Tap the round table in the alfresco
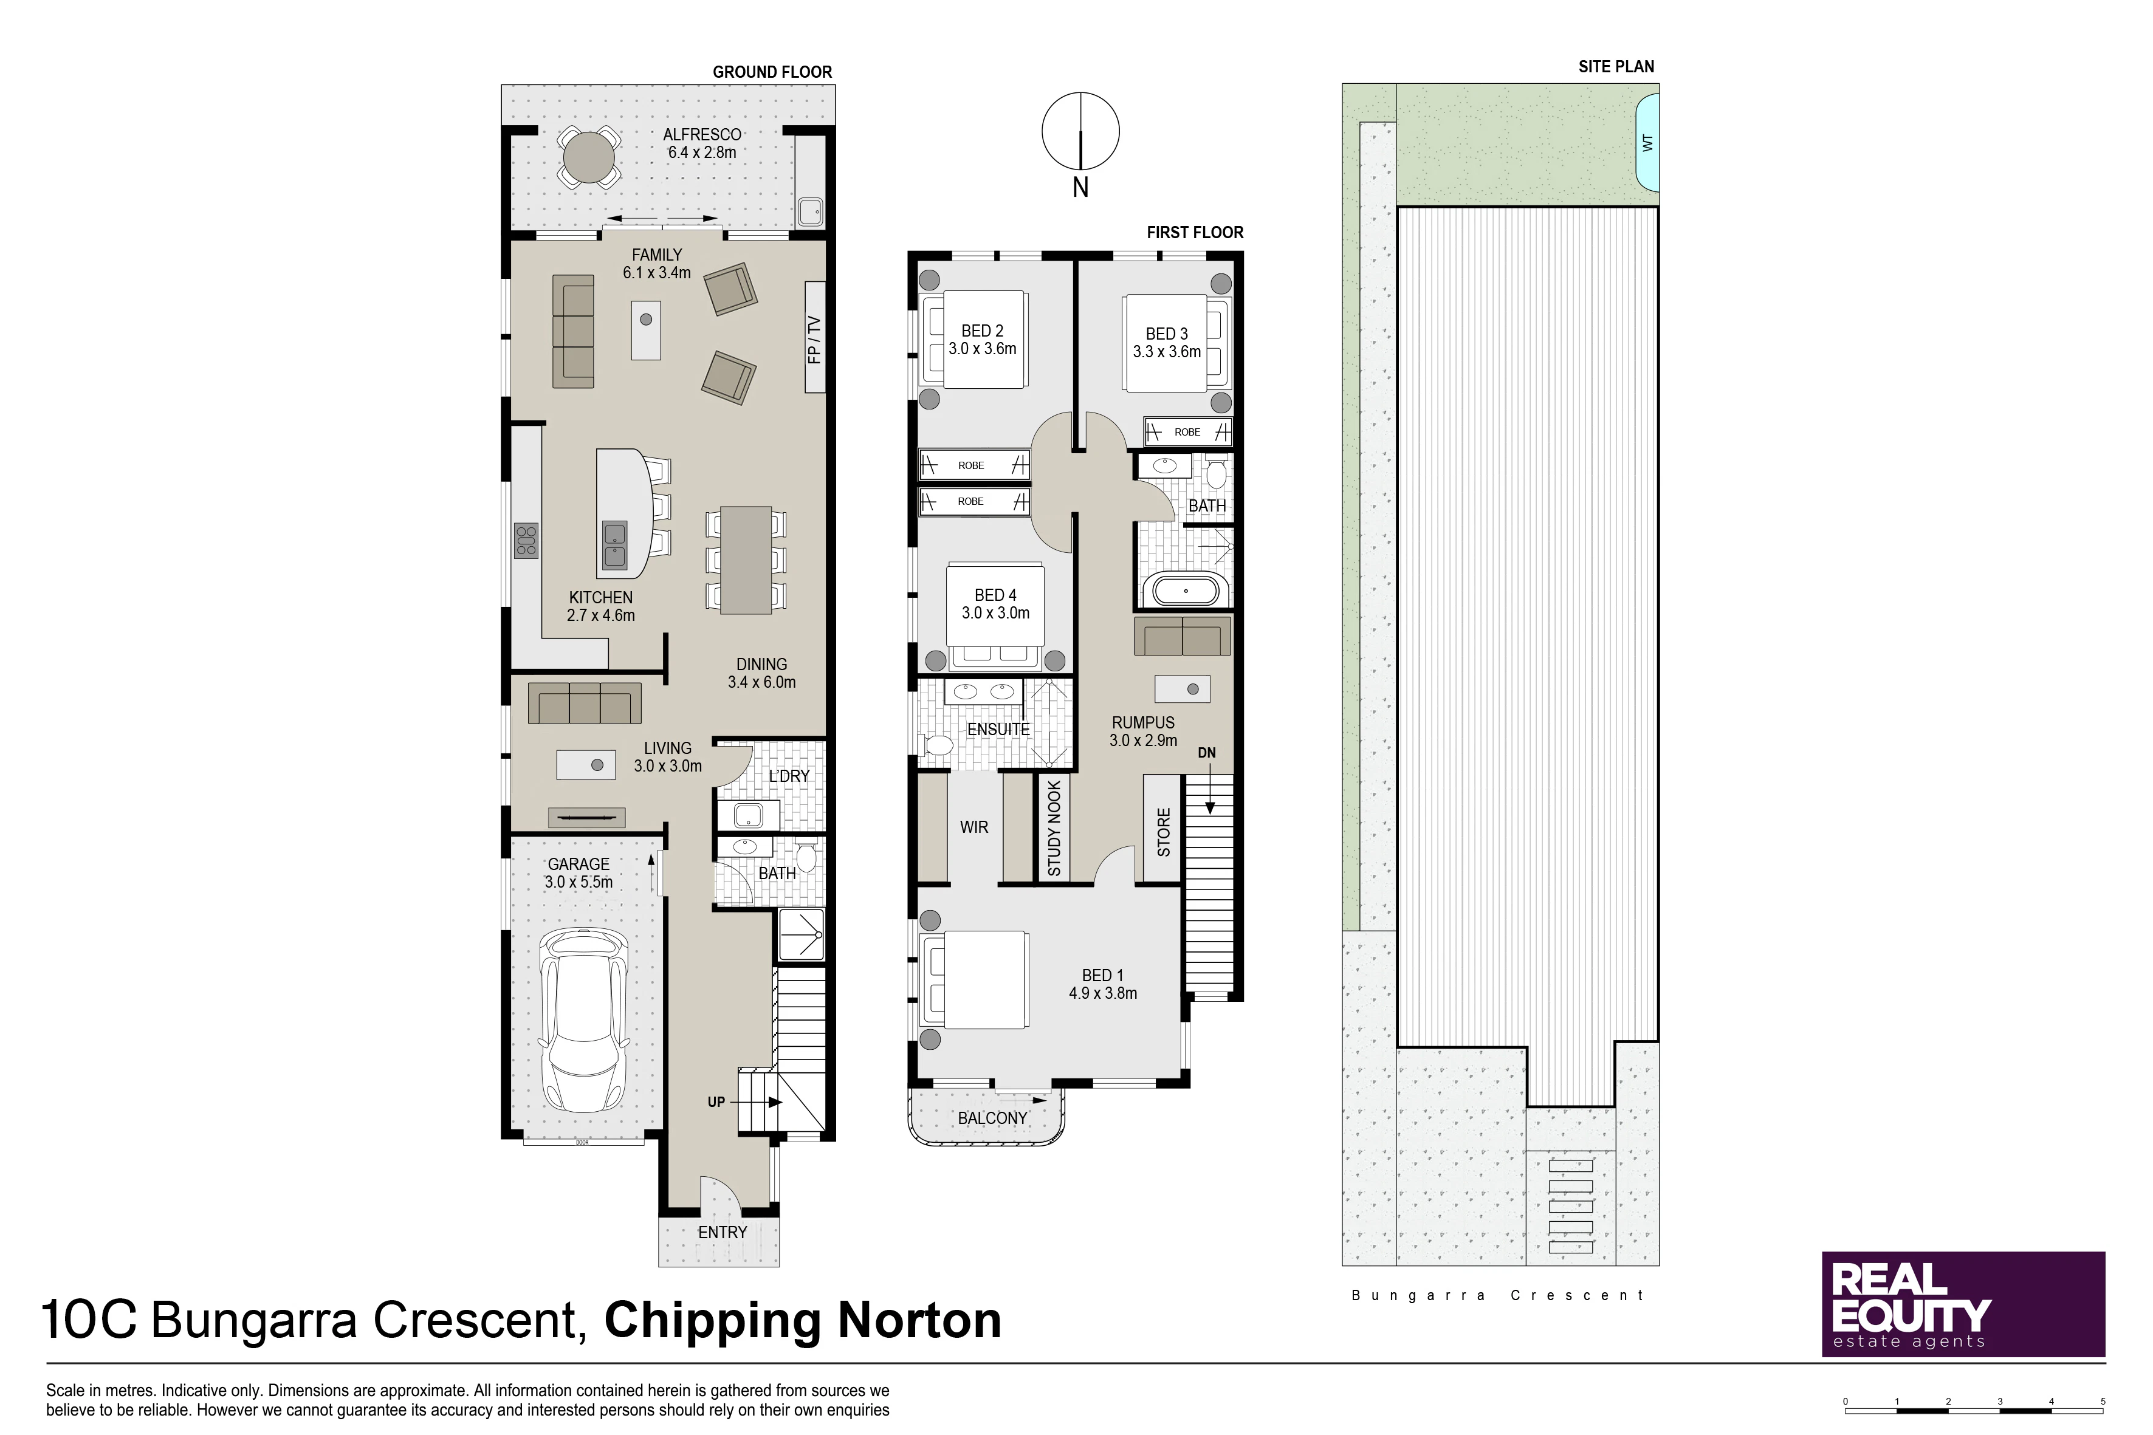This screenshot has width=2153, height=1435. (x=589, y=157)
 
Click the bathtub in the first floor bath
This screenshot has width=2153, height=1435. (x=1186, y=591)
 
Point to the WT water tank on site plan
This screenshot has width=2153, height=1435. (x=1647, y=143)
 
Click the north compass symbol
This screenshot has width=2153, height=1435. (x=1080, y=132)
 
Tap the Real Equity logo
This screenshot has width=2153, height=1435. (x=1963, y=1304)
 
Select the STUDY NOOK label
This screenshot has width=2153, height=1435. (x=1054, y=828)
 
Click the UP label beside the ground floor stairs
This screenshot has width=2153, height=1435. (x=716, y=1102)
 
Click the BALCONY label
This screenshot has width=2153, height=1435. (x=992, y=1118)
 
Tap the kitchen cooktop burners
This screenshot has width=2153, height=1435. (x=526, y=540)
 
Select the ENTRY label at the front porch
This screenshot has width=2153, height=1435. (x=723, y=1233)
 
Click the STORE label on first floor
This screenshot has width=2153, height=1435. (x=1164, y=832)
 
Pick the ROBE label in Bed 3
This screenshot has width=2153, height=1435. (x=1187, y=432)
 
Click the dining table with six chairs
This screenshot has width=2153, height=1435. (x=746, y=560)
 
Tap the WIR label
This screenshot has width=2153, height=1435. (x=974, y=827)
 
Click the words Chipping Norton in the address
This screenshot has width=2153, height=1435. (x=803, y=1321)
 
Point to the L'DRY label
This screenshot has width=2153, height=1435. (x=789, y=776)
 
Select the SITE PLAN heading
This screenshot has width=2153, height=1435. (x=1616, y=67)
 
